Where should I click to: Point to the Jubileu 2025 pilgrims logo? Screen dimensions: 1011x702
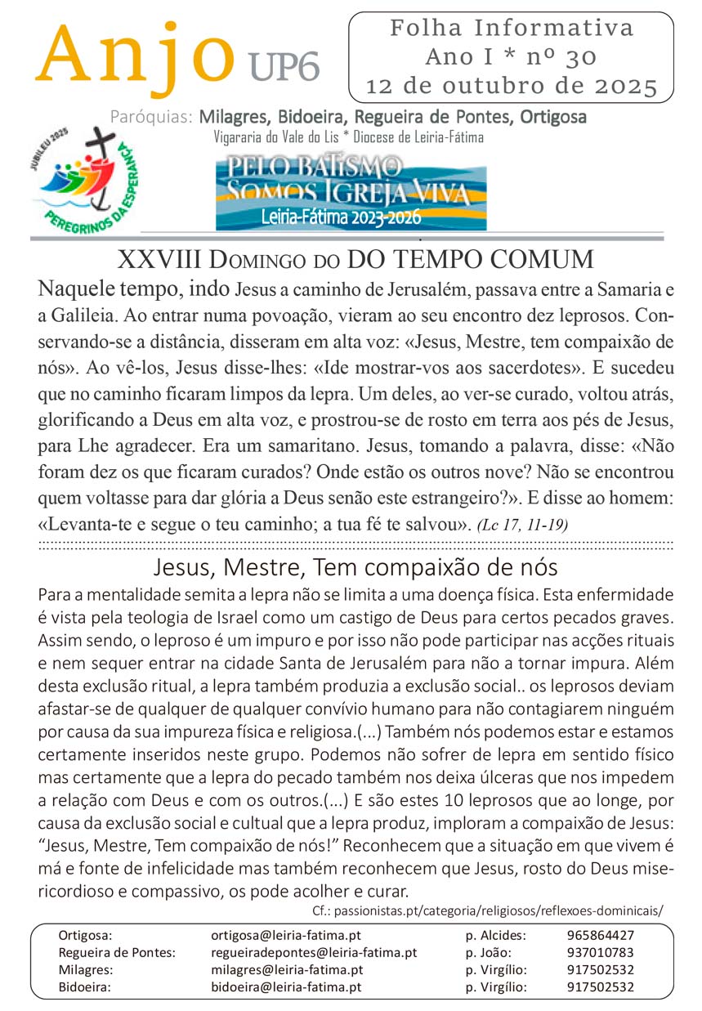[82, 177]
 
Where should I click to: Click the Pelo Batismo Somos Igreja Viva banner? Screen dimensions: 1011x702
[351, 192]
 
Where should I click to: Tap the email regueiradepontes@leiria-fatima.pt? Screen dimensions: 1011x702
[314, 952]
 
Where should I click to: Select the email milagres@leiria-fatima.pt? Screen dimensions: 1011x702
[287, 969]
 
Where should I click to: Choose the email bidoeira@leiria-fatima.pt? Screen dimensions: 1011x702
[286, 986]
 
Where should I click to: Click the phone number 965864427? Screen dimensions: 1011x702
[600, 935]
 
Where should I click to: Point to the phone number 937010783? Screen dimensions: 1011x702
[600, 952]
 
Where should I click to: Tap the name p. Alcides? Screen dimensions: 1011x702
[495, 935]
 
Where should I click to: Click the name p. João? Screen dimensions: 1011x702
[489, 952]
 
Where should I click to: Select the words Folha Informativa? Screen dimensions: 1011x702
[512, 29]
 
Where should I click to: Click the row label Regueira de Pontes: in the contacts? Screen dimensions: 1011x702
[117, 952]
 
